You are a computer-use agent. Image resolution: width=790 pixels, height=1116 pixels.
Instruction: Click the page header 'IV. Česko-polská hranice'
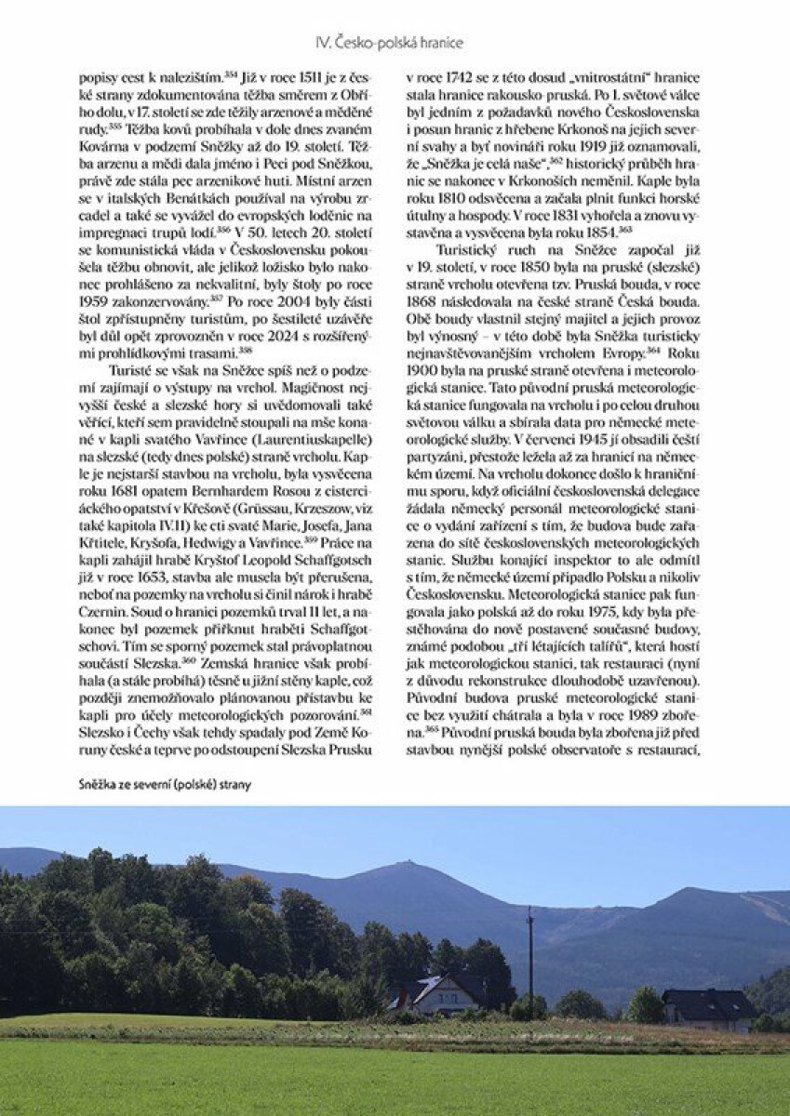389,42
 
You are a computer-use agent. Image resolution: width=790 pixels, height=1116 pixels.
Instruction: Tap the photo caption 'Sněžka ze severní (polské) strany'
166,784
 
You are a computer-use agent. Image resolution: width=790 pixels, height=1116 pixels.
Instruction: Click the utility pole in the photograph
529,958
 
